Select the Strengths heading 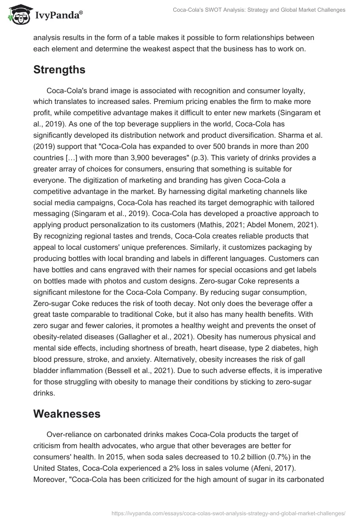pyautogui.click(x=59, y=70)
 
